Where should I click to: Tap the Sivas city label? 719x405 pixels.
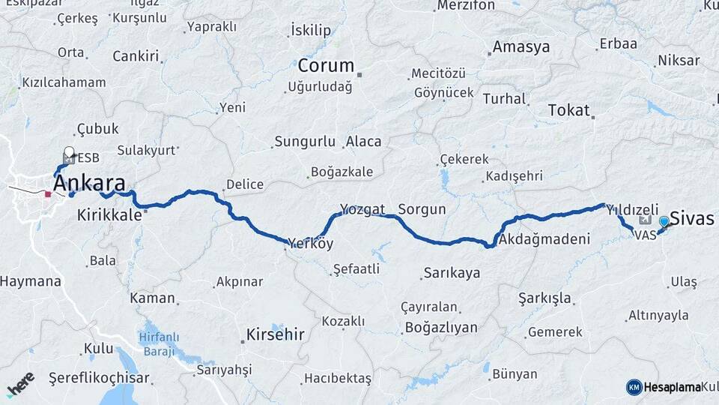tap(693, 218)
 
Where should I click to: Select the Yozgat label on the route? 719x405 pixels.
tap(362, 209)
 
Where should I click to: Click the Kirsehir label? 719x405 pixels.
tap(276, 334)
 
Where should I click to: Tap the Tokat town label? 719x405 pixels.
tap(569, 110)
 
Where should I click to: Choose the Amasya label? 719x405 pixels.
tap(521, 46)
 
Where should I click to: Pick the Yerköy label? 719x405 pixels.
tap(311, 244)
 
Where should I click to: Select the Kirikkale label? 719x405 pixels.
tap(109, 215)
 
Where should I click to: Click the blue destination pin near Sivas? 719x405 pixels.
tap(664, 222)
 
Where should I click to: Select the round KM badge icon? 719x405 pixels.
tap(634, 387)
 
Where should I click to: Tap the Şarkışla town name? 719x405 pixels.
tap(544, 298)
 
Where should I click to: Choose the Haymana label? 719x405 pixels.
tap(31, 282)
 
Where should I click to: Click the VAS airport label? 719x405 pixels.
tap(645, 235)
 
